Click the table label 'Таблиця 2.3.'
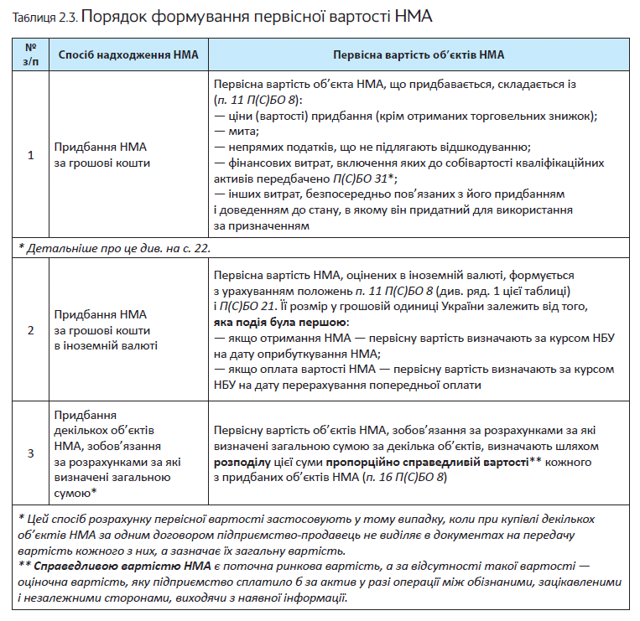point(44,16)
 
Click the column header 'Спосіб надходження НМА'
point(127,54)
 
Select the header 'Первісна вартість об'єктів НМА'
point(418,54)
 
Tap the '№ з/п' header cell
point(31,54)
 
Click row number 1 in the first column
point(31,155)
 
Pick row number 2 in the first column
point(31,329)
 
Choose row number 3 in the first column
point(31,453)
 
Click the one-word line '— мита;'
point(237,132)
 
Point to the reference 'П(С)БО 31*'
point(362,179)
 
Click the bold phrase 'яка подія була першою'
point(279,322)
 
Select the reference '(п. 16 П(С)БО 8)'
point(403,478)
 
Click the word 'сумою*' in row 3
point(74,493)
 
